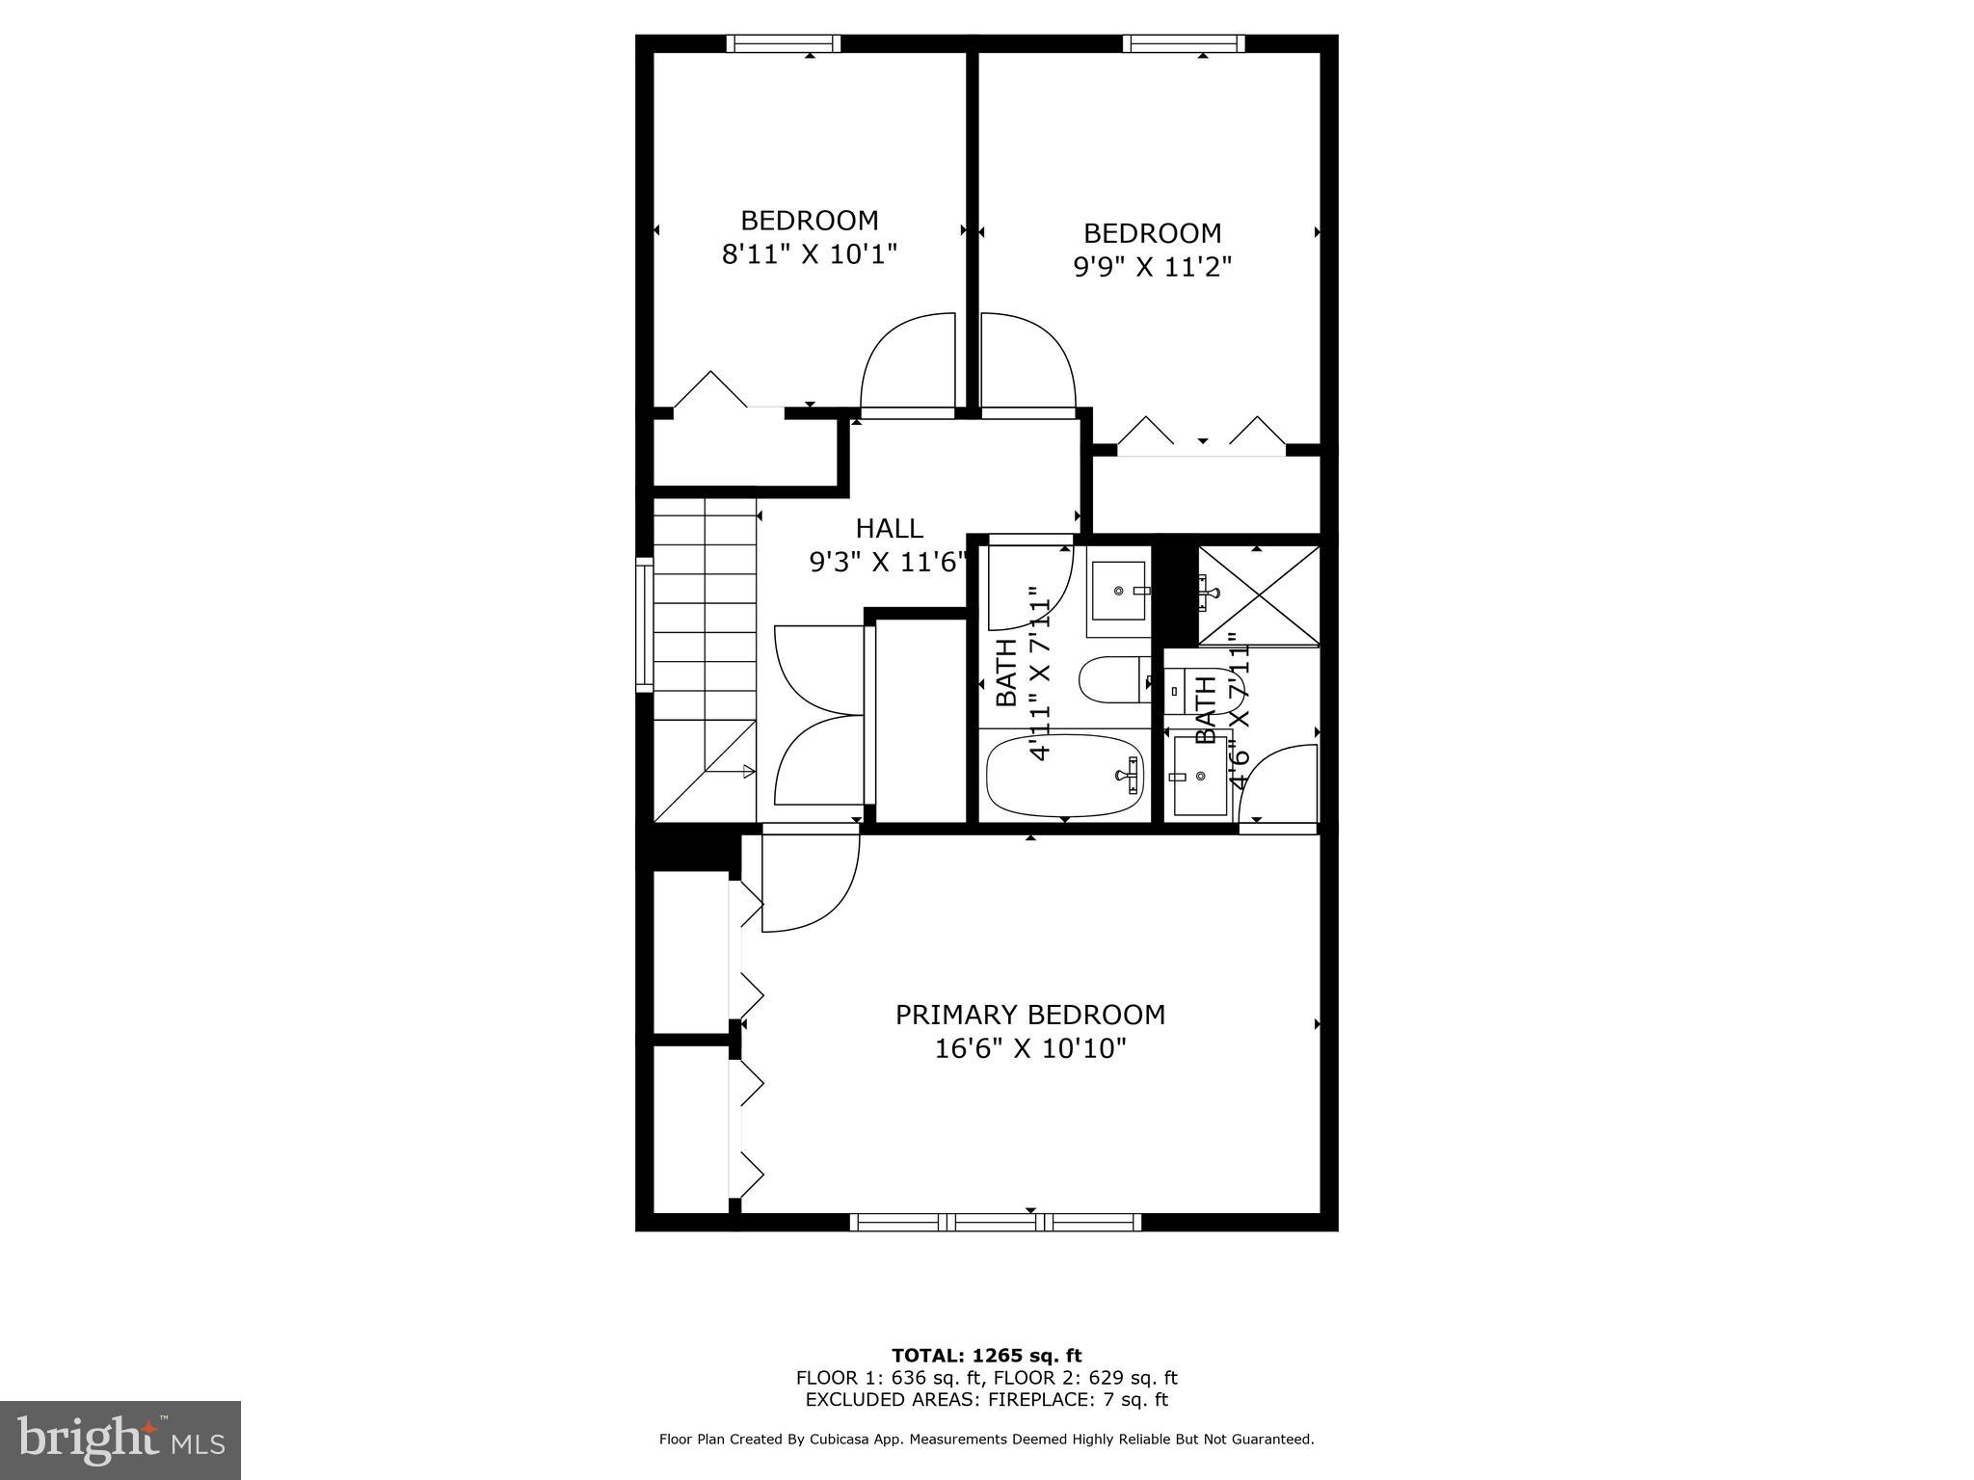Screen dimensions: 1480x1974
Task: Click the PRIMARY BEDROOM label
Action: [x=1029, y=1015]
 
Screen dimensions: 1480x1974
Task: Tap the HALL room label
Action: [x=889, y=528]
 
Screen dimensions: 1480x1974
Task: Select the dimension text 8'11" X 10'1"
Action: [x=810, y=254]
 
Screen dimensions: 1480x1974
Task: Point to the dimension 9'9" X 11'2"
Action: [x=1152, y=267]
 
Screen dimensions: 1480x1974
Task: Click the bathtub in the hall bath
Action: [x=1064, y=776]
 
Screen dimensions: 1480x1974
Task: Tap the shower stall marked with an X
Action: [x=1258, y=595]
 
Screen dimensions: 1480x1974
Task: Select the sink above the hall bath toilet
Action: [x=1118, y=591]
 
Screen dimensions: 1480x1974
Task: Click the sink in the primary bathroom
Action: [x=1200, y=776]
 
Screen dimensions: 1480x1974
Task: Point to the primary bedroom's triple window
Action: [x=996, y=1223]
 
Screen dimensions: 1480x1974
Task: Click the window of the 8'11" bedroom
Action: [x=783, y=43]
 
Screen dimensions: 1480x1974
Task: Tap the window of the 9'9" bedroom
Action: [x=1183, y=43]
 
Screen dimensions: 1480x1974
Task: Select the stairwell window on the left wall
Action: [x=644, y=623]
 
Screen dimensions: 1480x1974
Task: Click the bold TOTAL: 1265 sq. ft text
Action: [x=986, y=1357]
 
